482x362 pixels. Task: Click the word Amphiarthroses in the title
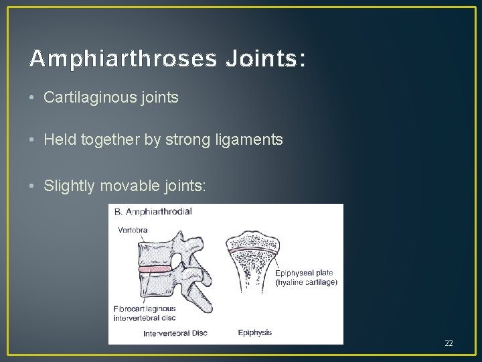pos(123,60)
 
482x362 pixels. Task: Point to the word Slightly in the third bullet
pos(69,186)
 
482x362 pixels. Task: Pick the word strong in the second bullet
pos(196,140)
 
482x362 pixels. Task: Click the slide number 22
pos(449,343)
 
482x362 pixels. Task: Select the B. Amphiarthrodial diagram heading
pos(153,212)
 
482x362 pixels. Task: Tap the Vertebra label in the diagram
pos(133,229)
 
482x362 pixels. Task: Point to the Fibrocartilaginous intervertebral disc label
pos(145,313)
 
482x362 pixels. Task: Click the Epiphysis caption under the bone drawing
pos(254,333)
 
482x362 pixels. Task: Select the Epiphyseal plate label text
pos(304,274)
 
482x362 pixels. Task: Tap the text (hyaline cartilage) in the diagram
pos(306,282)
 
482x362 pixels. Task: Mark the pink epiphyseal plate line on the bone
pos(252,249)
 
